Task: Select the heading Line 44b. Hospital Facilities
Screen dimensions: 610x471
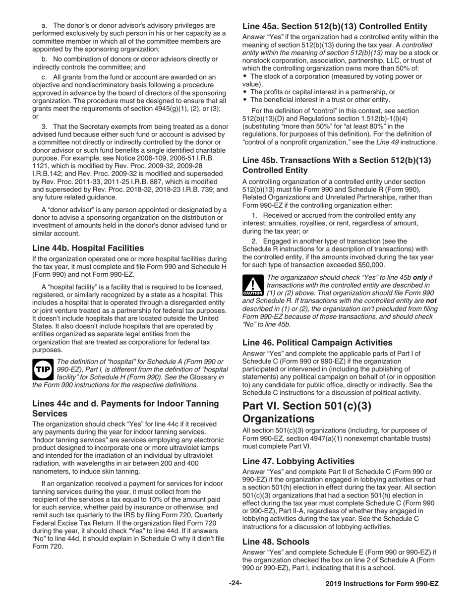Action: click(x=88, y=247)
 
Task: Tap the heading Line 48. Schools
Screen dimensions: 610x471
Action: click(x=275, y=542)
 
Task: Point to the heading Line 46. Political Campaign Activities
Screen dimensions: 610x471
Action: click(x=317, y=342)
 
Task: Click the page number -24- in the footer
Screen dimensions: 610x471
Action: click(x=235, y=583)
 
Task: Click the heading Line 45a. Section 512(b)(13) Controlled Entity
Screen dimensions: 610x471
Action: click(x=335, y=26)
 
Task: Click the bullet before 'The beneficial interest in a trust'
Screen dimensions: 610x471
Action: click(x=245, y=99)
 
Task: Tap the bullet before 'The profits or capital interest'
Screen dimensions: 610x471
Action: click(x=245, y=92)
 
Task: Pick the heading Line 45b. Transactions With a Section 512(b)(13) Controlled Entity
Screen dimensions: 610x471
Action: click(x=336, y=165)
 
